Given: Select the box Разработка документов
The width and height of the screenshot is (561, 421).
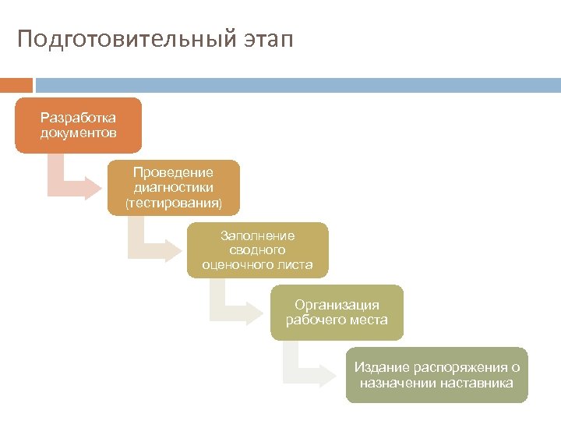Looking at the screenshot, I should pyautogui.click(x=78, y=126).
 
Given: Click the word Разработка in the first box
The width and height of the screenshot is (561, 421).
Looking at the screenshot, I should pyautogui.click(x=78, y=118).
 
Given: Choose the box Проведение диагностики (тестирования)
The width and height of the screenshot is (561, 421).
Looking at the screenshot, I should pyautogui.click(x=173, y=188).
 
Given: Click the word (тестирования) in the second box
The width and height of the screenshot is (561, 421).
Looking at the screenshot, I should pyautogui.click(x=173, y=203).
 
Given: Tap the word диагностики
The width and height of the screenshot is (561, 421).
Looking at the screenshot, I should pyautogui.click(x=173, y=188).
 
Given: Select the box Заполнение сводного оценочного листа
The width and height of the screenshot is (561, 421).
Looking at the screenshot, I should pyautogui.click(x=257, y=250).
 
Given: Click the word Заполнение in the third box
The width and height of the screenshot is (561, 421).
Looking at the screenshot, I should pyautogui.click(x=257, y=235).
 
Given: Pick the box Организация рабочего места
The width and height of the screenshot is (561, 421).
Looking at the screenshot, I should pyautogui.click(x=337, y=313).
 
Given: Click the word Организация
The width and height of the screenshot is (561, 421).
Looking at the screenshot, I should pyautogui.click(x=337, y=305).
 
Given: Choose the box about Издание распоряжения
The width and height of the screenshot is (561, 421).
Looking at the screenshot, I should pyautogui.click(x=436, y=375).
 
